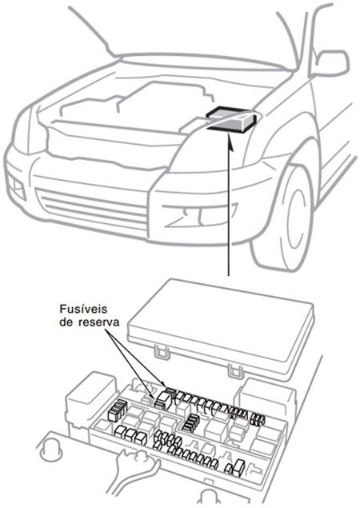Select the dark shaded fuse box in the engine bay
pyautogui.click(x=231, y=119)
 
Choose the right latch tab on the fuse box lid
pyautogui.click(x=234, y=370)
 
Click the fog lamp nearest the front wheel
pyautogui.click(x=192, y=213)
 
